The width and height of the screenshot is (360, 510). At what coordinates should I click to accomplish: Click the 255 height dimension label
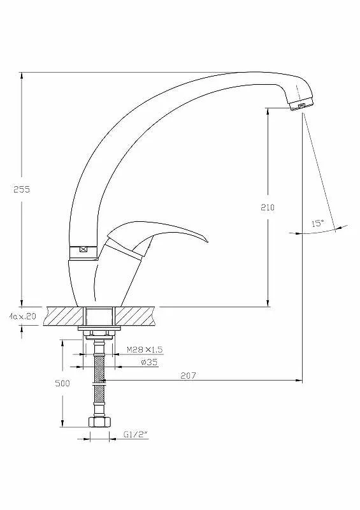22,189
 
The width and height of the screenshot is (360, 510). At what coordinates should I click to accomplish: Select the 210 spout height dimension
268,207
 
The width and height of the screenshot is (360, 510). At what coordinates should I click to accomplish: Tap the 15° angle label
318,224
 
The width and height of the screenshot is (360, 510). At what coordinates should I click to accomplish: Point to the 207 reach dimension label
189,375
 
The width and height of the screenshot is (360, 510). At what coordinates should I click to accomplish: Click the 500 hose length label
62,383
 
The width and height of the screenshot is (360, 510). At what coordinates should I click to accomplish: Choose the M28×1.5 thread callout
145,349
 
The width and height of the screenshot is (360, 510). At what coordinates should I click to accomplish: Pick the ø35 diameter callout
149,362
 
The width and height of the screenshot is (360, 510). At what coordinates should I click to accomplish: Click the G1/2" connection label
136,434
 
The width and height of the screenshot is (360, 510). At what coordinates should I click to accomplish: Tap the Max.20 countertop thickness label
23,316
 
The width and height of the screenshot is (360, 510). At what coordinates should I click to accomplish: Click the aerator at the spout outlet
301,105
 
